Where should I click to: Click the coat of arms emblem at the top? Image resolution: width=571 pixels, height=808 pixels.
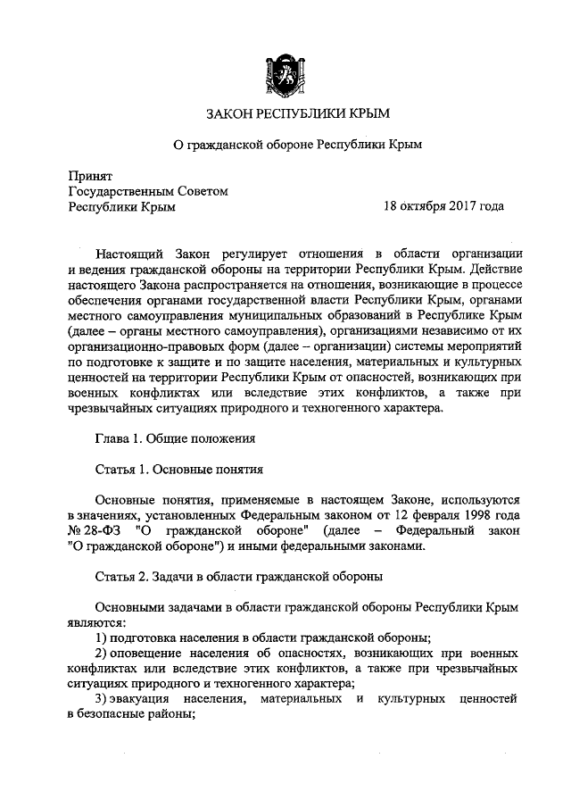(285, 72)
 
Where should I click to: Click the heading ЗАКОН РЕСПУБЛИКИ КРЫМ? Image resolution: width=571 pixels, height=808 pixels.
(285, 114)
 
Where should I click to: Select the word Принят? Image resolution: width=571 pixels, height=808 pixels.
(88, 174)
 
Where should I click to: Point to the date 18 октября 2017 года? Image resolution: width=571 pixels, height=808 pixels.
(443, 207)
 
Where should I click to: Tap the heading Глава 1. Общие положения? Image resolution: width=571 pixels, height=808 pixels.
(175, 438)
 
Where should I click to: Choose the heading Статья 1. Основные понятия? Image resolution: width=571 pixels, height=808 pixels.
(178, 469)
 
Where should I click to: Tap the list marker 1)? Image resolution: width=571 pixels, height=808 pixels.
(101, 637)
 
